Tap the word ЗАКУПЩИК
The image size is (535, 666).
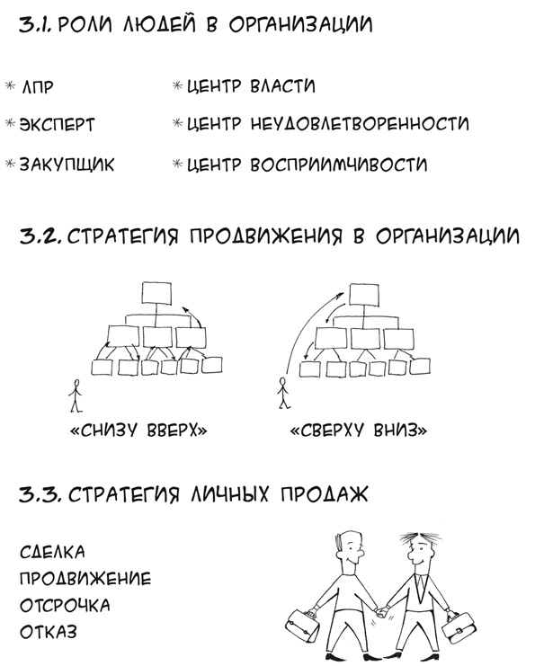point(67,165)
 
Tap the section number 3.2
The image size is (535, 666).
point(39,236)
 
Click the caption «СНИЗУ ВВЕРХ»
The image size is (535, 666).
point(138,431)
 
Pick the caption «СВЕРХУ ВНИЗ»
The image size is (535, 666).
point(358,431)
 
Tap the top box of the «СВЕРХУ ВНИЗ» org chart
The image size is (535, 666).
point(367,293)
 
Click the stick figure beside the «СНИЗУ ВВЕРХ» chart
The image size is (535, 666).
point(75,394)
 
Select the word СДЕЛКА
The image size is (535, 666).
point(52,550)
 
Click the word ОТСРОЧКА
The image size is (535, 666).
point(65,605)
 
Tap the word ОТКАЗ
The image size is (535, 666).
point(49,632)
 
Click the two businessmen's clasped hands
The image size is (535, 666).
point(381,613)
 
